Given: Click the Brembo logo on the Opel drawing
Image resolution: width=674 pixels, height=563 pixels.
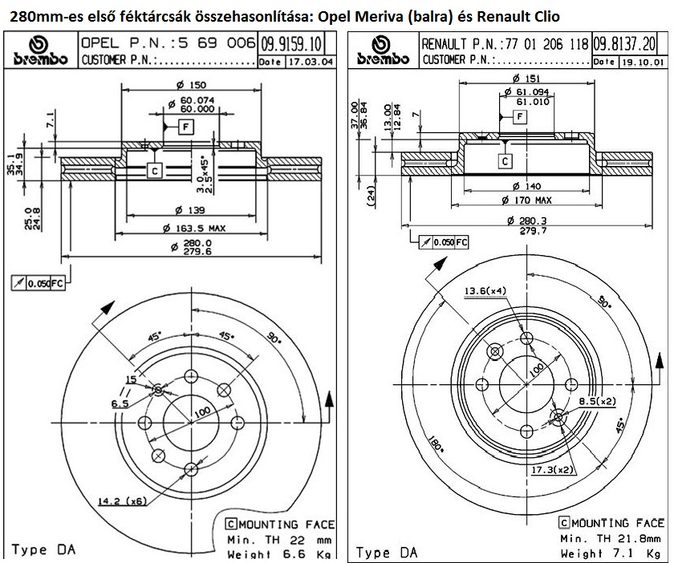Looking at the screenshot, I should click(x=39, y=51).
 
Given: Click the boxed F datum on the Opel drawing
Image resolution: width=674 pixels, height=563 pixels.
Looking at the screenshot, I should click(x=185, y=127).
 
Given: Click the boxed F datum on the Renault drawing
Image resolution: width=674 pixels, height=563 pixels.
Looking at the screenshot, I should click(x=520, y=118).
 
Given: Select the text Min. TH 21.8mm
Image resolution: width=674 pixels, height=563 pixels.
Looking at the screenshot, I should click(x=611, y=538).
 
